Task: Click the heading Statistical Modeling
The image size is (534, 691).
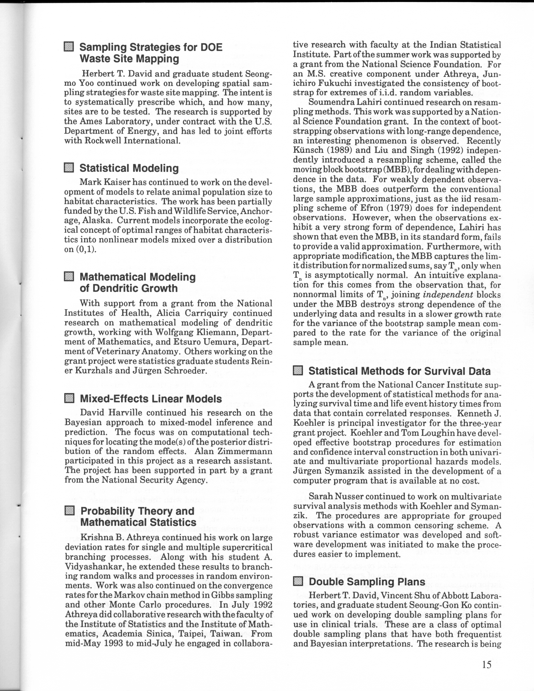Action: pyautogui.click(x=129, y=168)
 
